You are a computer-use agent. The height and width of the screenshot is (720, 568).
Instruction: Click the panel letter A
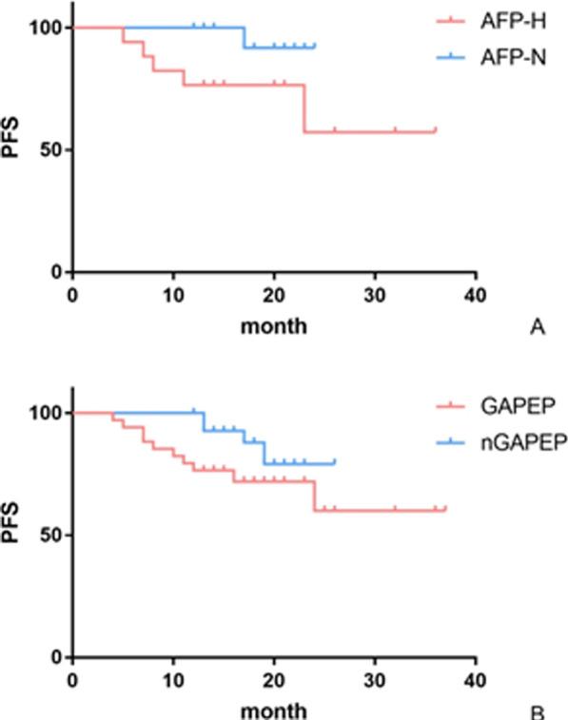[537, 327]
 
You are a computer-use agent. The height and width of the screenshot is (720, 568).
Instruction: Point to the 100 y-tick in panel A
[47, 28]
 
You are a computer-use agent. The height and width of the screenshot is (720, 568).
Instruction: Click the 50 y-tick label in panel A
[51, 150]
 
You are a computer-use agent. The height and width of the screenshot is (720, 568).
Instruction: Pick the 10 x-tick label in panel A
[173, 293]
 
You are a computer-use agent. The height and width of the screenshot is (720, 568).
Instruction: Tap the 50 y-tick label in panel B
[51, 535]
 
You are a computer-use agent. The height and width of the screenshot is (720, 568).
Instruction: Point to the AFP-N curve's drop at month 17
[245, 37]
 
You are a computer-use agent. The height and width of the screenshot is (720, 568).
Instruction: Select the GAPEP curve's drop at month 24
[315, 496]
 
